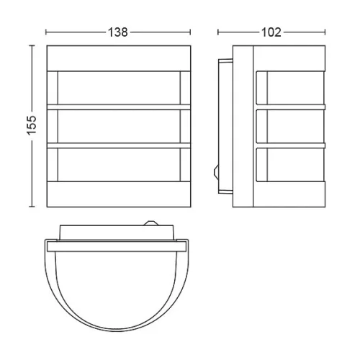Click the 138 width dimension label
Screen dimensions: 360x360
pyautogui.click(x=118, y=32)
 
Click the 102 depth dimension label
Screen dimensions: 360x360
pyautogui.click(x=271, y=32)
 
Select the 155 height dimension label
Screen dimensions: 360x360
pyautogui.click(x=32, y=125)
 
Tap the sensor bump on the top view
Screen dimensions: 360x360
pyautogui.click(x=150, y=223)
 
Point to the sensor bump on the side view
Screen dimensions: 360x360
pyautogui.click(x=216, y=171)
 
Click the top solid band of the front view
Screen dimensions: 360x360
pyautogui.click(x=119, y=58)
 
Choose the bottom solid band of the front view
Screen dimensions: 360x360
pyautogui.click(x=119, y=194)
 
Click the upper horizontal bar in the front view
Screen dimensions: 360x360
pyautogui.click(x=119, y=107)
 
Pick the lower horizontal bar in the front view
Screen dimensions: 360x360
pyautogui.click(x=119, y=145)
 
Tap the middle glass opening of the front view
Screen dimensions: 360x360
pyautogui.click(x=119, y=126)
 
